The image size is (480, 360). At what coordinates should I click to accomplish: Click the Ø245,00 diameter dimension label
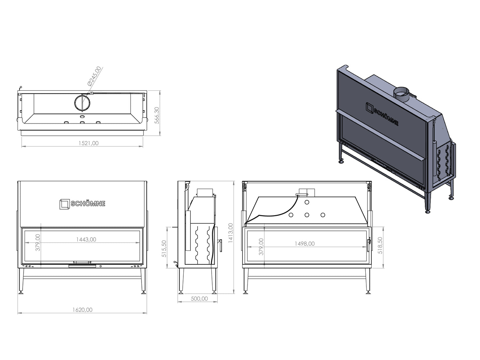point(94,76)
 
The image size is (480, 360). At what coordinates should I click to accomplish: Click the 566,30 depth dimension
point(157,115)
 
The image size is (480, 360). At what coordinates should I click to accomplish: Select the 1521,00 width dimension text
point(88,143)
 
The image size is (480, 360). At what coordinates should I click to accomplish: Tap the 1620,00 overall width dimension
point(82,310)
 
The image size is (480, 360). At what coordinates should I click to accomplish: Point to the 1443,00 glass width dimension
point(86,239)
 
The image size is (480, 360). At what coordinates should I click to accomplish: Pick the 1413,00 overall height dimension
point(231,233)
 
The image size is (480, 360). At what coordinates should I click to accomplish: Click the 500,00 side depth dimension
point(199,299)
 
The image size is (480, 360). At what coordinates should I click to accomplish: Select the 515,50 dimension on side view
point(164,248)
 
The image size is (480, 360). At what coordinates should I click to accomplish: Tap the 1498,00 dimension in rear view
point(305,243)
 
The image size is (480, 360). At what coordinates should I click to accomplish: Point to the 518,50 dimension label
point(380,245)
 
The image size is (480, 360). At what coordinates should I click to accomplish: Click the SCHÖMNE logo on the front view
point(82,204)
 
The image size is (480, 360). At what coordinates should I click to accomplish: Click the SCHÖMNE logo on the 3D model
point(382,114)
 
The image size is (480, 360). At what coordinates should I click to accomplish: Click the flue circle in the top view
point(82,102)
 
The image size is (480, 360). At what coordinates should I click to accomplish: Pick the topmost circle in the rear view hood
point(307,202)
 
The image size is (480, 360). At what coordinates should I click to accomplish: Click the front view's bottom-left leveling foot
point(21,292)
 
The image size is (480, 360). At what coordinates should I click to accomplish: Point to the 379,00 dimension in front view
point(38,242)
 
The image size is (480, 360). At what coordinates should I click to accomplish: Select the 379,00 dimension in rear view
point(261,246)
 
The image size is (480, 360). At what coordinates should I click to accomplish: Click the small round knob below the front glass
point(101,266)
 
